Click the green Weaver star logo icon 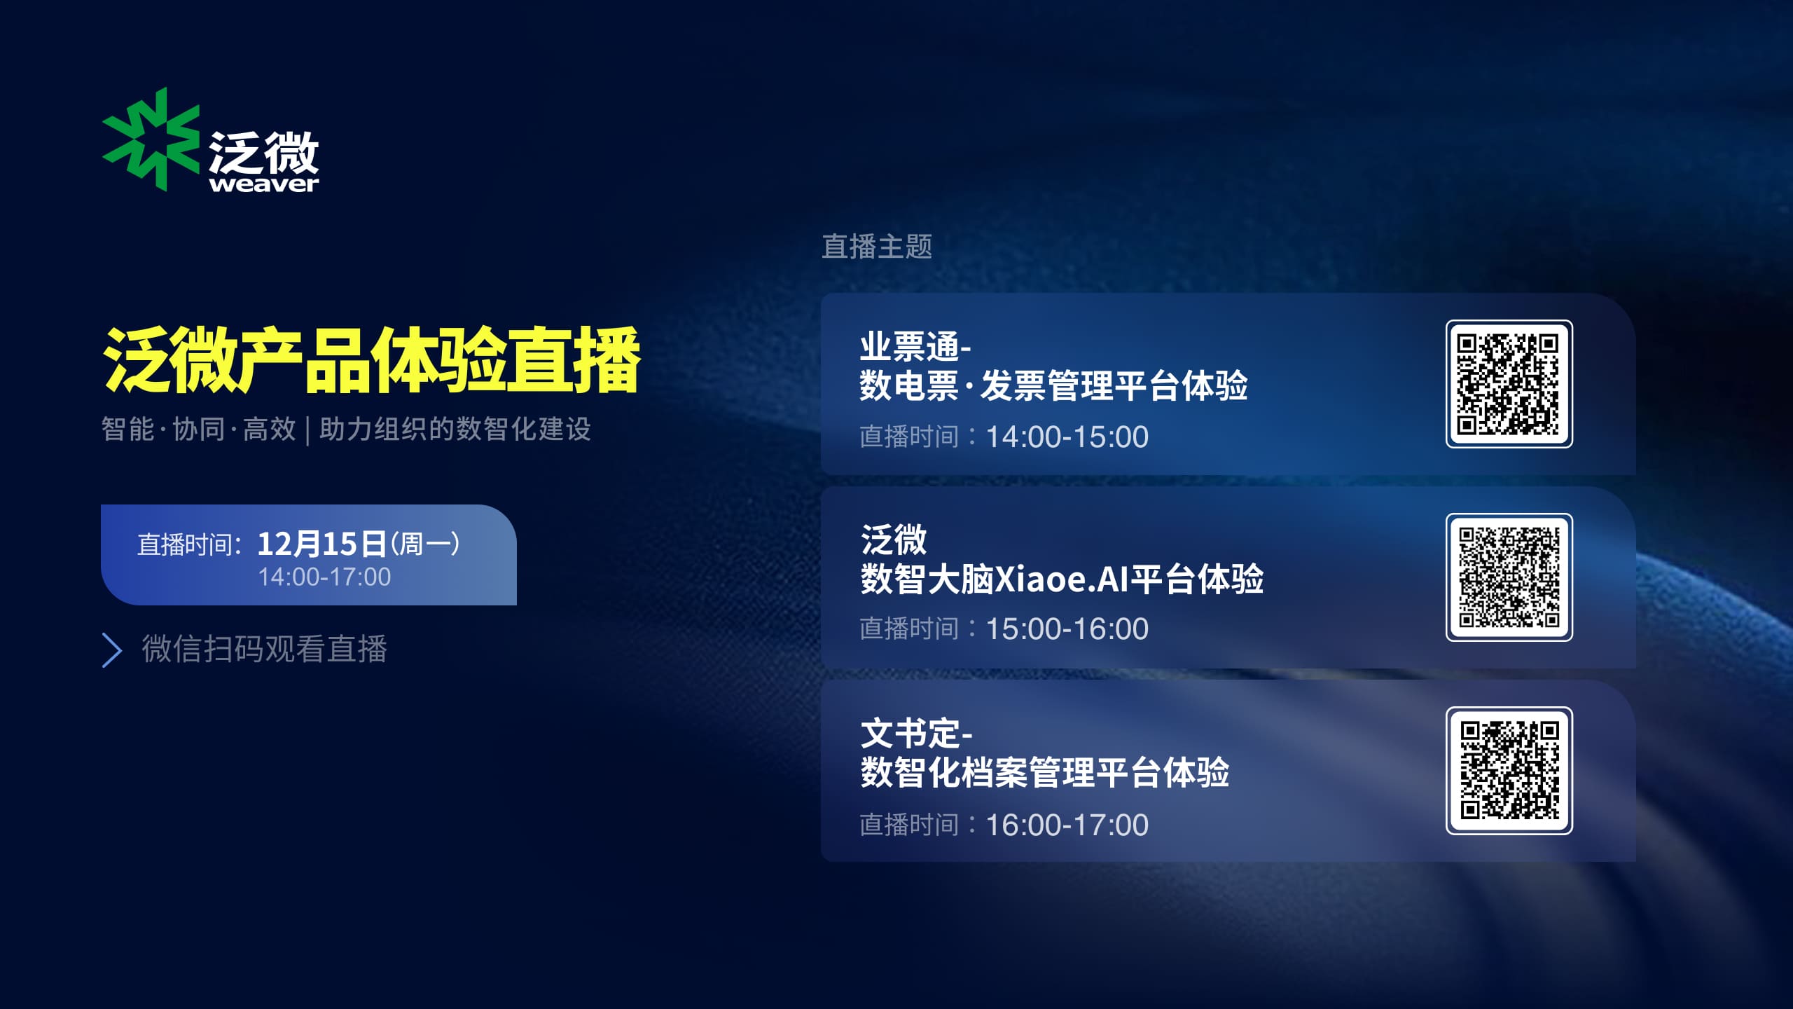point(151,139)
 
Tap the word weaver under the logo point(264,184)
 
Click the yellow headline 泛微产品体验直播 point(371,360)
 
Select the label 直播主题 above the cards point(877,247)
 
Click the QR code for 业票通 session point(1509,384)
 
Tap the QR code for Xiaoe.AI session point(1509,577)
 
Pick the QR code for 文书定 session point(1509,771)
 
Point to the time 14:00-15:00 point(1067,437)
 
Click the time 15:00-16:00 point(1067,629)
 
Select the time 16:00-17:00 point(1067,825)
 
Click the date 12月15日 point(322,544)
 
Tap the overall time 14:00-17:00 point(324,577)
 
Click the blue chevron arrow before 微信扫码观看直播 point(112,650)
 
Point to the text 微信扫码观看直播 point(265,649)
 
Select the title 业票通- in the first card point(915,346)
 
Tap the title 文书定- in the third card point(916,734)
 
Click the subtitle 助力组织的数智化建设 point(455,430)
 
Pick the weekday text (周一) point(425,544)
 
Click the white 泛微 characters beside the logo point(264,152)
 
